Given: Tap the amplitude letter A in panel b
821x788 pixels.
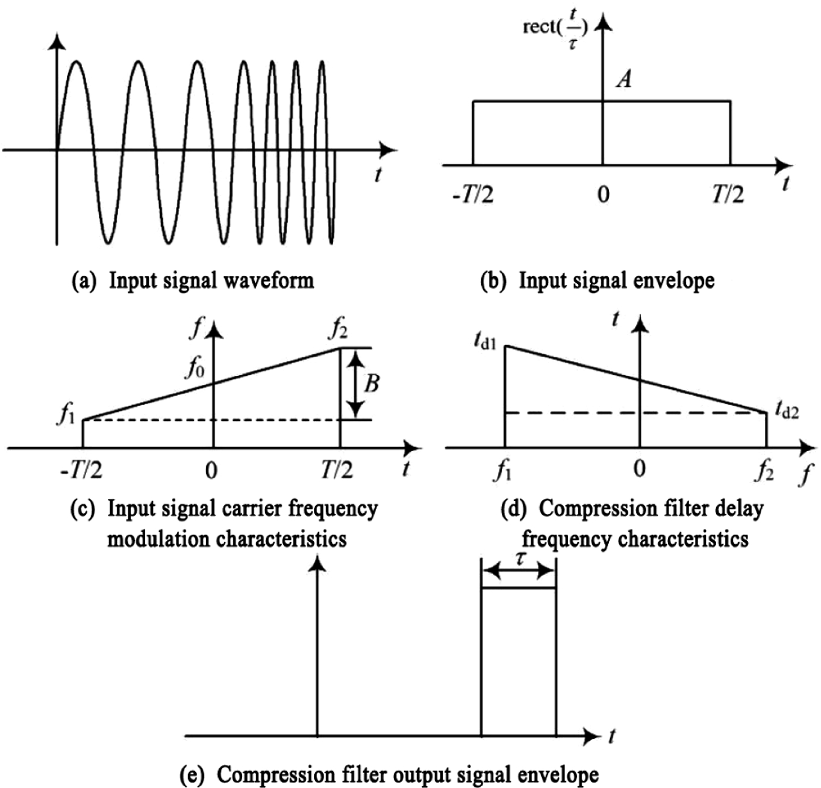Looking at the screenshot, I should (x=624, y=78).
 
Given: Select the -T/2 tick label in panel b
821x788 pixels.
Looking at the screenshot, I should (x=473, y=194).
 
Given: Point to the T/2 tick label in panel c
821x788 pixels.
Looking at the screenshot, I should (x=337, y=469).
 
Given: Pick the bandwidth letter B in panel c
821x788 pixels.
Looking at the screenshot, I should (x=372, y=383).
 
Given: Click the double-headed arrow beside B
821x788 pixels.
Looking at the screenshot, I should (x=356, y=384).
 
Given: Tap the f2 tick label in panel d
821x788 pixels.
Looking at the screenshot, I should (x=764, y=471).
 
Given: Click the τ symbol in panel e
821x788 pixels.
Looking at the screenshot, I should (x=521, y=558).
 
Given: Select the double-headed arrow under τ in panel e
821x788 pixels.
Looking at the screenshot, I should (x=519, y=571).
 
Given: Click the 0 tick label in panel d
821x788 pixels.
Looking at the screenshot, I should (x=640, y=468).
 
